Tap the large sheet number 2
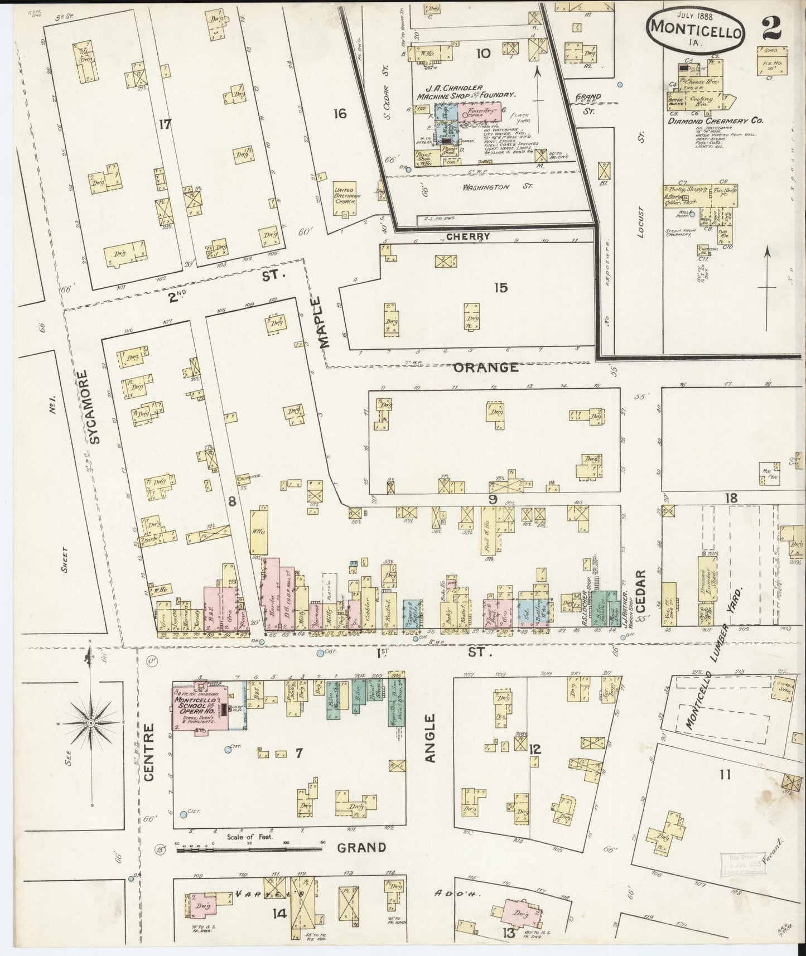click(772, 25)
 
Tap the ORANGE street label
click(485, 368)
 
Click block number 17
click(164, 125)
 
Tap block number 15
click(500, 288)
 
